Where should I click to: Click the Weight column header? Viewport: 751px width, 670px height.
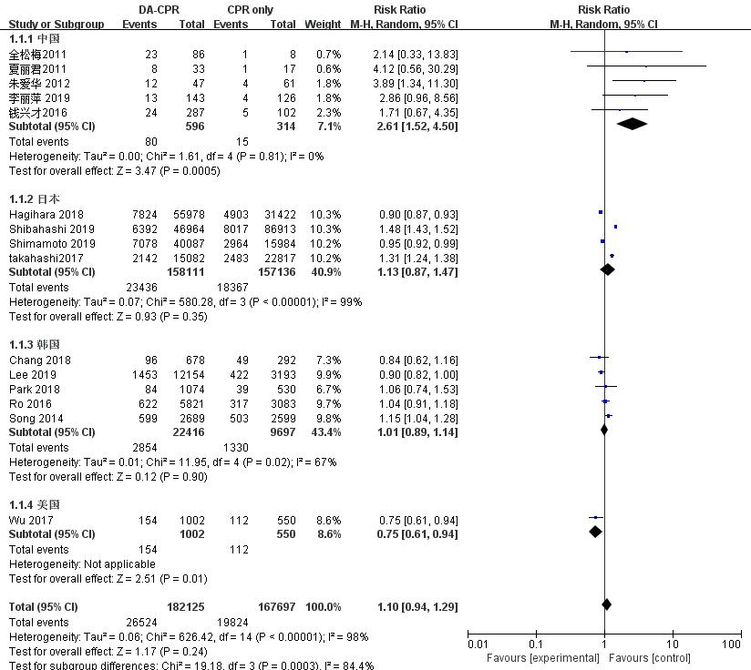323,25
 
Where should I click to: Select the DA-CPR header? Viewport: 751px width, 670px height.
150,10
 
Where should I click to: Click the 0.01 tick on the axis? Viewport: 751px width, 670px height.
478,645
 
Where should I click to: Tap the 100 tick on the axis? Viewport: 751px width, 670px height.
731,645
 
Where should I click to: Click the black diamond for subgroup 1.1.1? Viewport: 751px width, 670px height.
632,124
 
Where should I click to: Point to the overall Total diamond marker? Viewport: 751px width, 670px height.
607,604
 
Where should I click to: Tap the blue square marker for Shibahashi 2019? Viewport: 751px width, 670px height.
615,227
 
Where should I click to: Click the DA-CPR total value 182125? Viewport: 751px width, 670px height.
185,606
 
